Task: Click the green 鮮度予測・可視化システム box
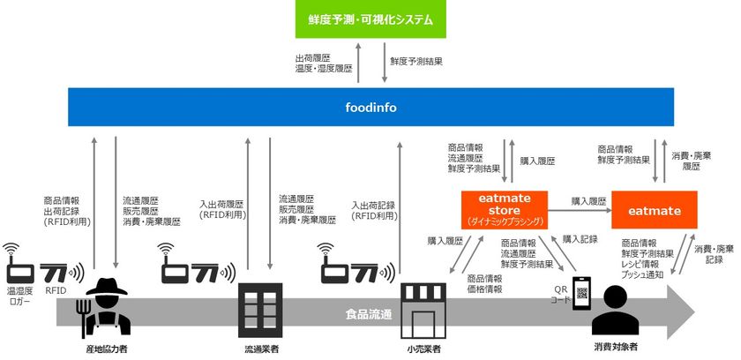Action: [370, 19]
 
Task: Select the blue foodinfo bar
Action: [371, 108]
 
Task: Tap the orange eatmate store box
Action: [505, 210]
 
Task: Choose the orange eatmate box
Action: [654, 210]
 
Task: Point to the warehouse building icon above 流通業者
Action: [260, 310]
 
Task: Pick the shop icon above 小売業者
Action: [423, 311]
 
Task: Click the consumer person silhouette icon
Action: [616, 311]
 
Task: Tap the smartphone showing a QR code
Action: [581, 294]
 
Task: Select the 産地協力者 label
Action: [107, 349]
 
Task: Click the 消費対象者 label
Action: [616, 348]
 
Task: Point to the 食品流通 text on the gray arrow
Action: [369, 315]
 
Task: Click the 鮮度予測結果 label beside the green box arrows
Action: [416, 61]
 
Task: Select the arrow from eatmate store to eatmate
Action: [580, 210]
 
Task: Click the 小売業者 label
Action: [424, 350]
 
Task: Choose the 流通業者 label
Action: [261, 350]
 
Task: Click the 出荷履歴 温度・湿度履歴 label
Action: [324, 64]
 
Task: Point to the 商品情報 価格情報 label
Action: [485, 284]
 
